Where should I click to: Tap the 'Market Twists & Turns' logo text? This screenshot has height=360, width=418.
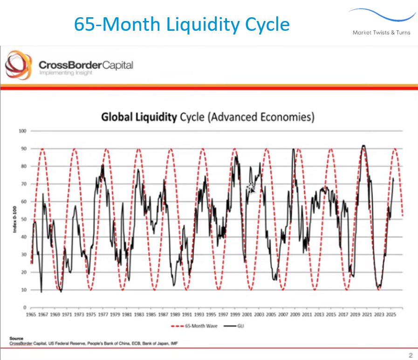click(x=381, y=32)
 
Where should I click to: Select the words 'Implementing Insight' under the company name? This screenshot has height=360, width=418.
click(x=66, y=73)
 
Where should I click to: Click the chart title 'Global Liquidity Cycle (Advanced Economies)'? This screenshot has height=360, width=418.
click(x=208, y=117)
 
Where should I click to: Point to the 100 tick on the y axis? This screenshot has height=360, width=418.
click(x=21, y=131)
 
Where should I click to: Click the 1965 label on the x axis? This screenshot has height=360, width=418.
click(x=32, y=315)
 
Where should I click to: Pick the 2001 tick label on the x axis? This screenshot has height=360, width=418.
click(x=247, y=315)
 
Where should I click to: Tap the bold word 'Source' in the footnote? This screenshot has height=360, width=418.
click(x=16, y=338)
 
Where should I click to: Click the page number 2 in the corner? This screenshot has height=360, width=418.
click(x=410, y=355)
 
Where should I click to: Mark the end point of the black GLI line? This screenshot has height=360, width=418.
click(x=393, y=178)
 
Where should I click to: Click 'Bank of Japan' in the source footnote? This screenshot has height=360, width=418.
click(x=152, y=344)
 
